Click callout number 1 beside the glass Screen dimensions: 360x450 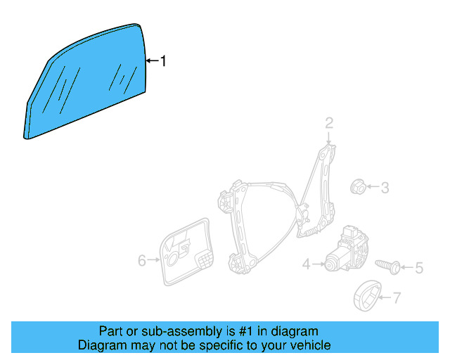pyautogui.click(x=163, y=61)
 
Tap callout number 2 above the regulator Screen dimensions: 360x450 pyautogui.click(x=328, y=124)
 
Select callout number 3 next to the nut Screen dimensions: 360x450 pyautogui.click(x=385, y=188)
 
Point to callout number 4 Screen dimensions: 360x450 pyautogui.click(x=307, y=264)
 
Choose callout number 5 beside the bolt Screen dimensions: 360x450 pyautogui.click(x=419, y=268)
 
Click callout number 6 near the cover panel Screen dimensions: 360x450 pyautogui.click(x=142, y=261)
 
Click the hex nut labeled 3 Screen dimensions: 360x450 pyautogui.click(x=357, y=187)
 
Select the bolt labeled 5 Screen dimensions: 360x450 pyautogui.click(x=387, y=266)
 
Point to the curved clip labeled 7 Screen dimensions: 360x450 pyautogui.click(x=367, y=295)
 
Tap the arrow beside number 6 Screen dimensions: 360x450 pyautogui.click(x=154, y=261)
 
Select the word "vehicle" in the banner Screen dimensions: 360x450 pyautogui.click(x=309, y=345)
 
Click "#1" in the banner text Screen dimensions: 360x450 pyautogui.click(x=247, y=331)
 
